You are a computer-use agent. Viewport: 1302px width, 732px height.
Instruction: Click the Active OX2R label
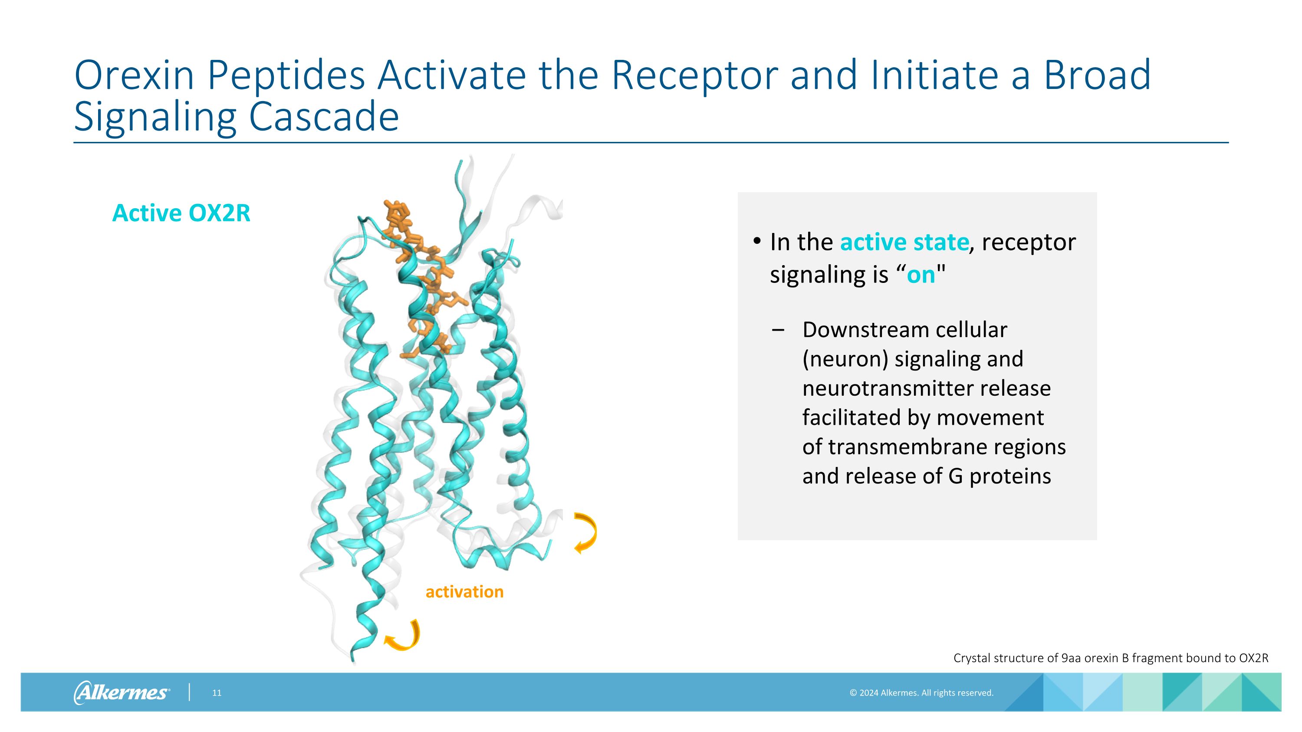[181, 213]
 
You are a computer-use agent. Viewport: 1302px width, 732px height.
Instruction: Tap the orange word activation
[464, 591]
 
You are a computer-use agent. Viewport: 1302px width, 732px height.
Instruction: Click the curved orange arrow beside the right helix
[586, 533]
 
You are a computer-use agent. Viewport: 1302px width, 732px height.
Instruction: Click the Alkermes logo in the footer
[122, 692]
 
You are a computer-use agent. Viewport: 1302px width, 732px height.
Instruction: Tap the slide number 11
[216, 693]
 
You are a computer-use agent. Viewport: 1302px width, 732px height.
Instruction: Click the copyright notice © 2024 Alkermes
[921, 693]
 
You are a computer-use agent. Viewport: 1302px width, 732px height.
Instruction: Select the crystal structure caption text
[1111, 658]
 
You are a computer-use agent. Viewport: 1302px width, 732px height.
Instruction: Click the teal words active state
[904, 242]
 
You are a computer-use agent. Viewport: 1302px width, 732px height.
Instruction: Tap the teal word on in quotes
[921, 275]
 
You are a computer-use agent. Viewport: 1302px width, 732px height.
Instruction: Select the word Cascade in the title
[323, 117]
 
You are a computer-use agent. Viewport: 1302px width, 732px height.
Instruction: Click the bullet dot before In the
[756, 241]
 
